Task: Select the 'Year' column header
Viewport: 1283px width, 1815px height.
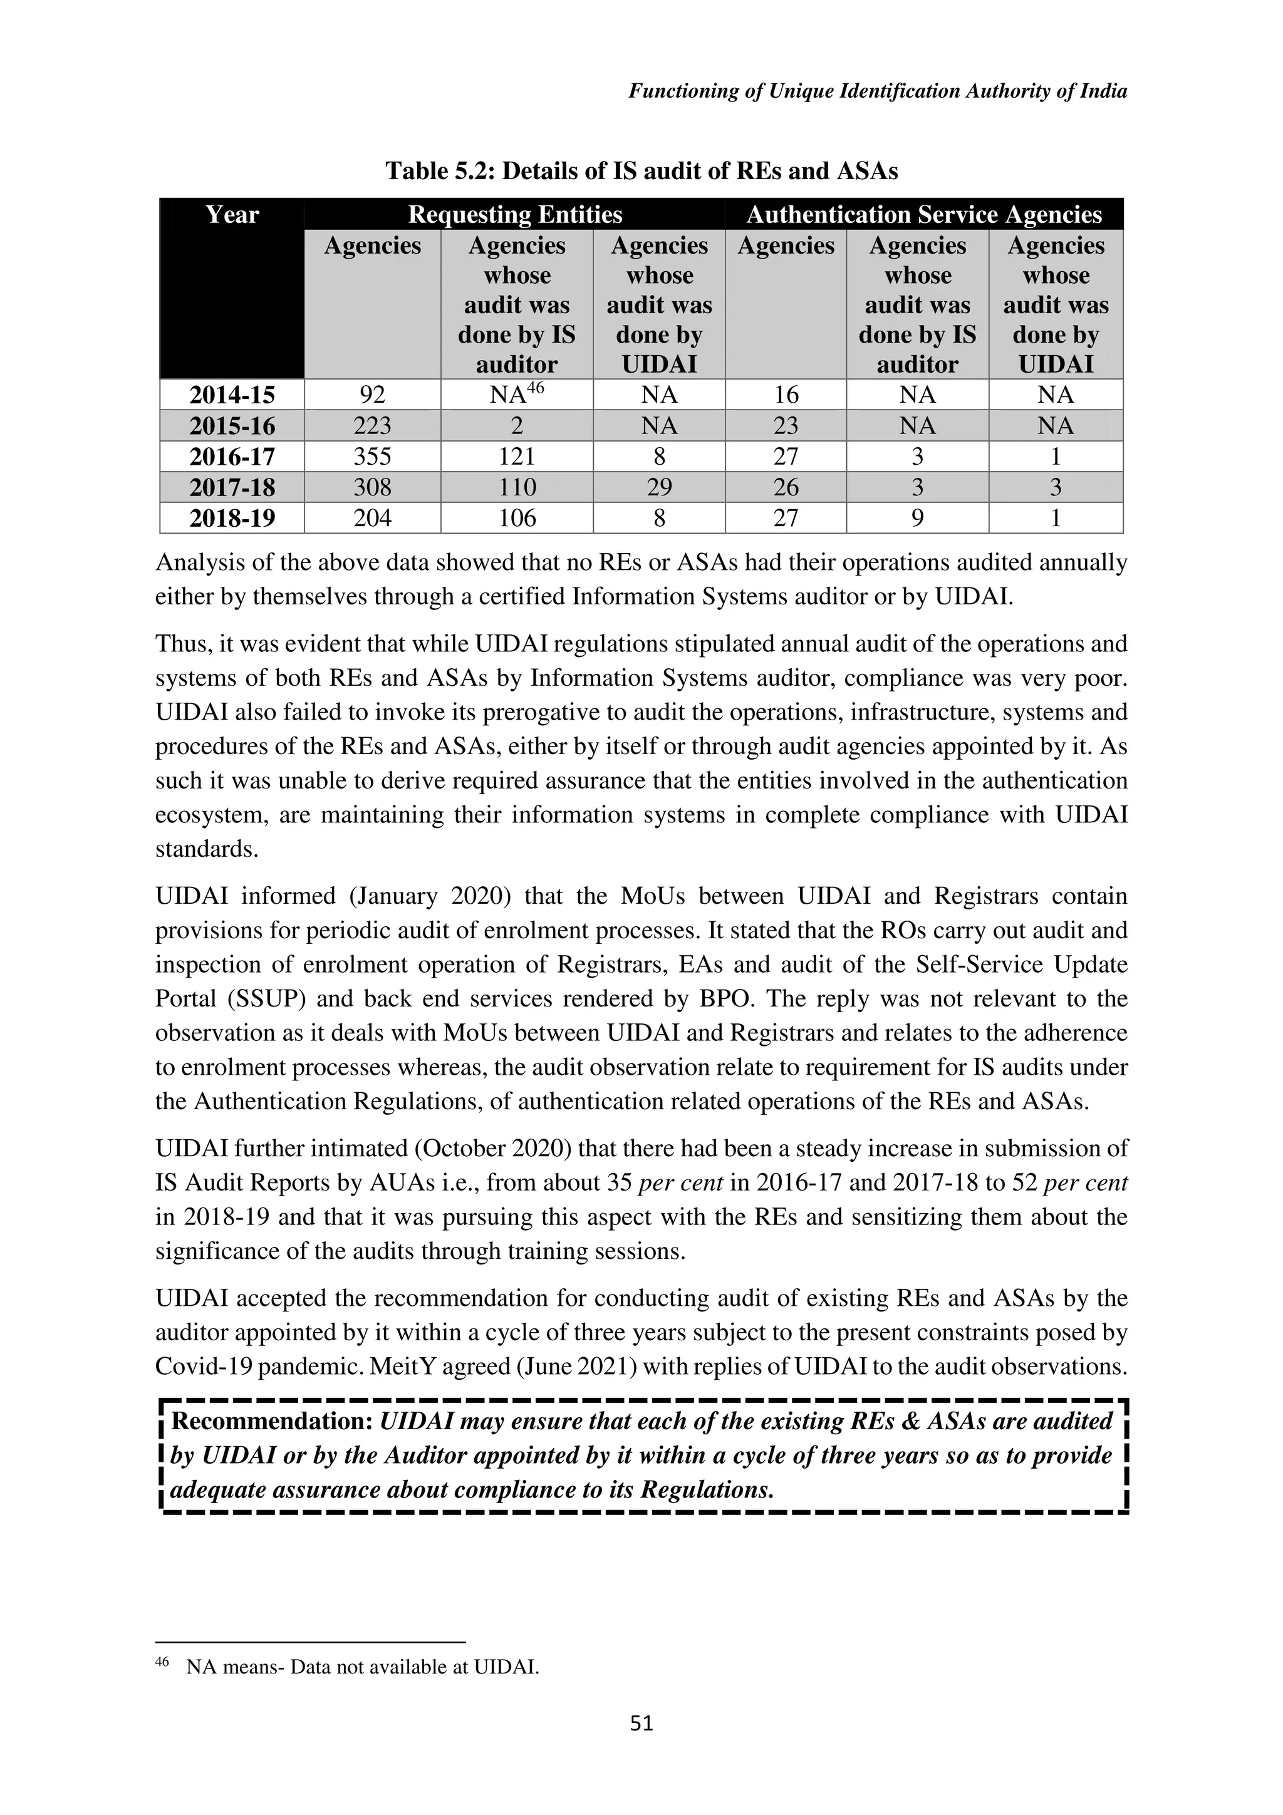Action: tap(232, 215)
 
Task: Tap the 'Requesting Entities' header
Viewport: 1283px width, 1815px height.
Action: tap(514, 215)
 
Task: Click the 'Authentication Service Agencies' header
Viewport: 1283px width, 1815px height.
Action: tap(923, 215)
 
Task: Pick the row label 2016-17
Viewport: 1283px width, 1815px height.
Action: tap(232, 457)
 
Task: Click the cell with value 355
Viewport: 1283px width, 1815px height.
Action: tap(372, 457)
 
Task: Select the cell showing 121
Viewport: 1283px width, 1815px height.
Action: tap(516, 457)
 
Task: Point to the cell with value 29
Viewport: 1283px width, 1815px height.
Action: tap(658, 488)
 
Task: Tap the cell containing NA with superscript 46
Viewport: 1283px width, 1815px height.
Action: tap(516, 394)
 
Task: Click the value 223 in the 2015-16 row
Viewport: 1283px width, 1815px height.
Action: tap(372, 426)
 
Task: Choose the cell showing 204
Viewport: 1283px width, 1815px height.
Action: tap(372, 519)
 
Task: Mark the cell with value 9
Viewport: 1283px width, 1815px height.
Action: tap(917, 519)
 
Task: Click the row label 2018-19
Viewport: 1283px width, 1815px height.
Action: tap(232, 519)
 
